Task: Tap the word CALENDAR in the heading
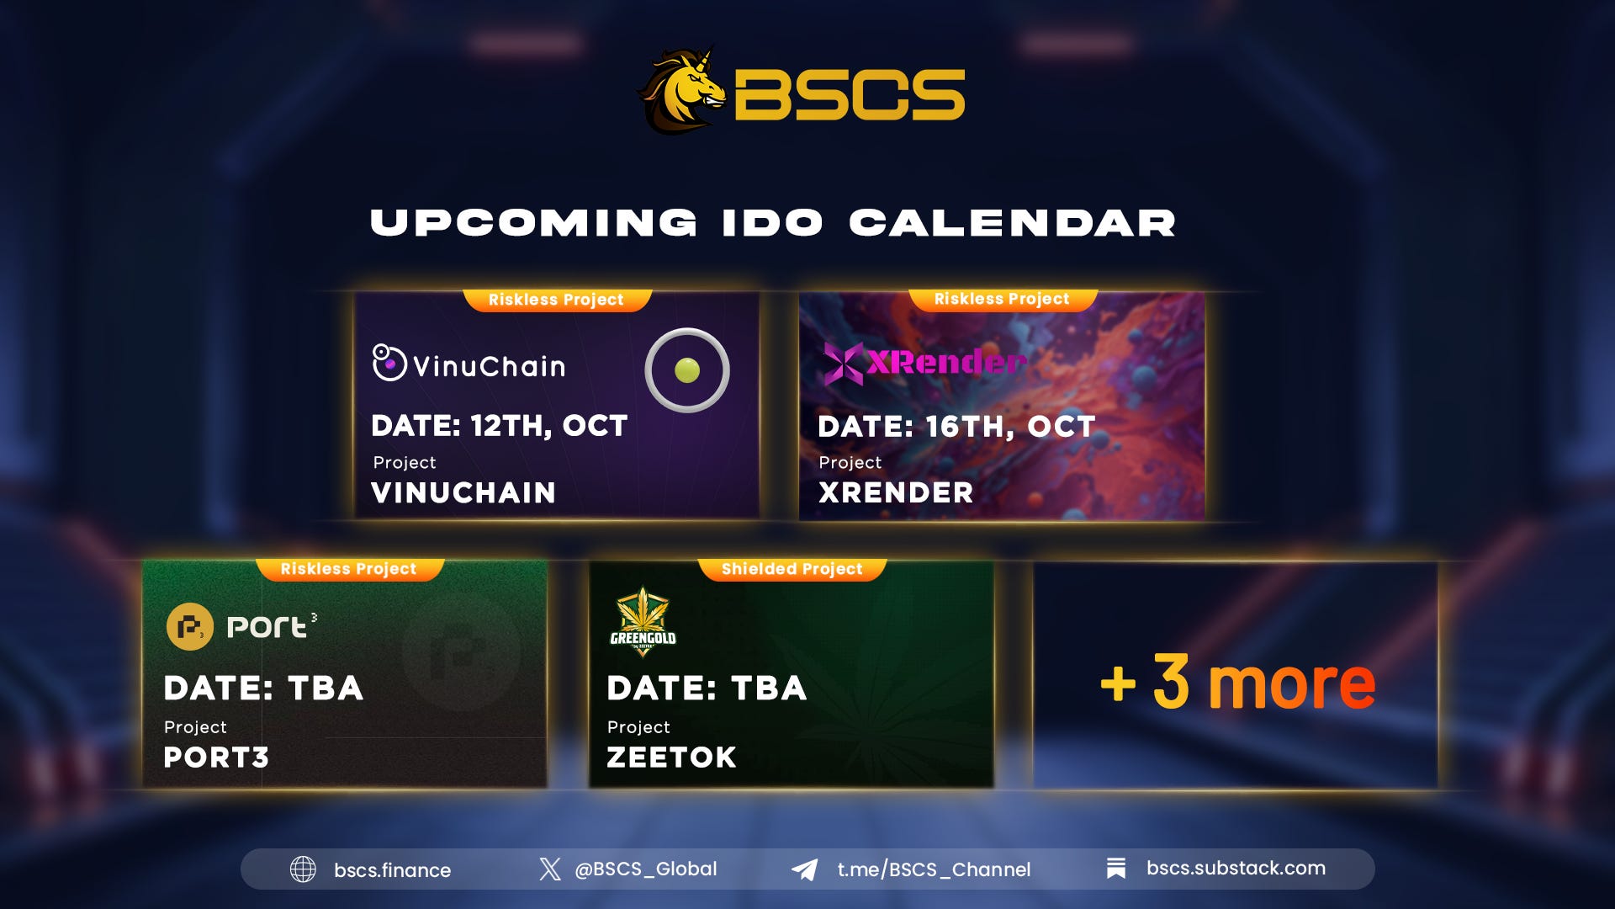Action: pyautogui.click(x=1011, y=223)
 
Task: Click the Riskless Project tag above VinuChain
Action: pyautogui.click(x=556, y=300)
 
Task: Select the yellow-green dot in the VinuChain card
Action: pyautogui.click(x=687, y=370)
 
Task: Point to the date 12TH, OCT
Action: pyautogui.click(x=549, y=426)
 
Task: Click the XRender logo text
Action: pyautogui.click(x=945, y=363)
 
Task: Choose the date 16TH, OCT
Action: pyautogui.click(x=1010, y=427)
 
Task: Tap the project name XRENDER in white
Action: pyautogui.click(x=896, y=492)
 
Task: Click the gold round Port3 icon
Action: pyautogui.click(x=189, y=627)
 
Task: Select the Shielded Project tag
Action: pyautogui.click(x=792, y=569)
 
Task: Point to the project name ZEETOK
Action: pyautogui.click(x=671, y=757)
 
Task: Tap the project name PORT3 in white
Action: pyautogui.click(x=216, y=757)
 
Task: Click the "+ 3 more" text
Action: pyautogui.click(x=1237, y=683)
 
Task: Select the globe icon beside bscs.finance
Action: pyautogui.click(x=303, y=869)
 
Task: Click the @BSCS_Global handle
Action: pyautogui.click(x=645, y=869)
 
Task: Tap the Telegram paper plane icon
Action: pyautogui.click(x=805, y=869)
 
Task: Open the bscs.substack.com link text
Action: pyautogui.click(x=1235, y=869)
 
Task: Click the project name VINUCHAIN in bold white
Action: pyautogui.click(x=463, y=492)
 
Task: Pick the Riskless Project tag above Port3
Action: pyautogui.click(x=348, y=569)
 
